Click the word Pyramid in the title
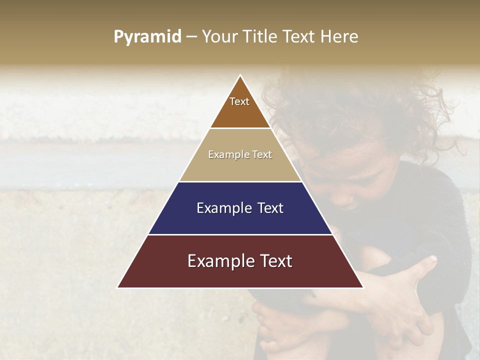coord(147,36)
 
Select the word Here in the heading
coord(340,36)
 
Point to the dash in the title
coord(191,37)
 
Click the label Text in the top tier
coord(239,101)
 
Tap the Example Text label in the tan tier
coord(240,154)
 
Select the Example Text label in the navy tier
coord(240,208)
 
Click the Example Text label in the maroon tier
coord(240,261)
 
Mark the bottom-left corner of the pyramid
coord(118,287)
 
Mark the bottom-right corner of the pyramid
coord(362,287)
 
